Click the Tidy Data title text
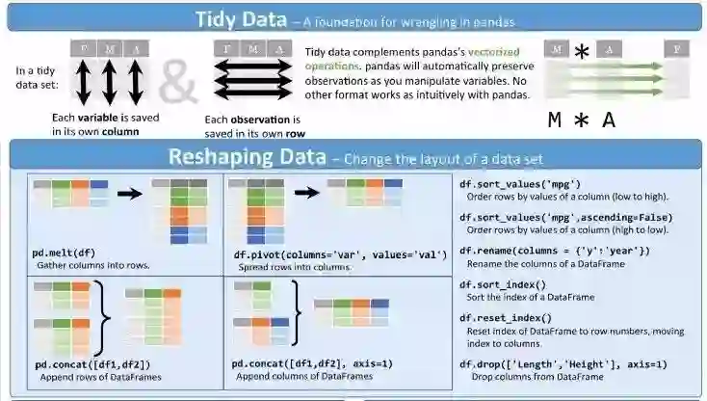point(240,18)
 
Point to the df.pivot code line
point(341,254)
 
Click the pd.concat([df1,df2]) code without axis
point(92,364)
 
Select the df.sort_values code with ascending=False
point(565,218)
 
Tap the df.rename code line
point(554,251)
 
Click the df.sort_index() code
point(503,284)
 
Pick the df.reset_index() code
point(506,318)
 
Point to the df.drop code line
point(563,364)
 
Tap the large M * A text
point(581,120)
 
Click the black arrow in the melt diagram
point(130,193)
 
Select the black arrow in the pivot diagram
point(306,192)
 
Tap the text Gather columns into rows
point(92,265)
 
